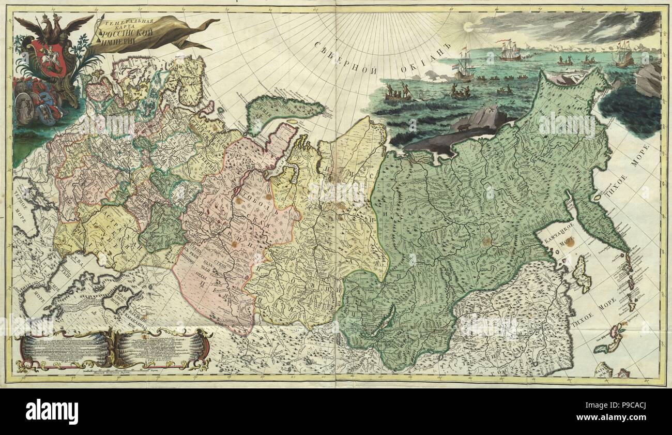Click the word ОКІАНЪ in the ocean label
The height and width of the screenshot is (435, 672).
tap(424, 54)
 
